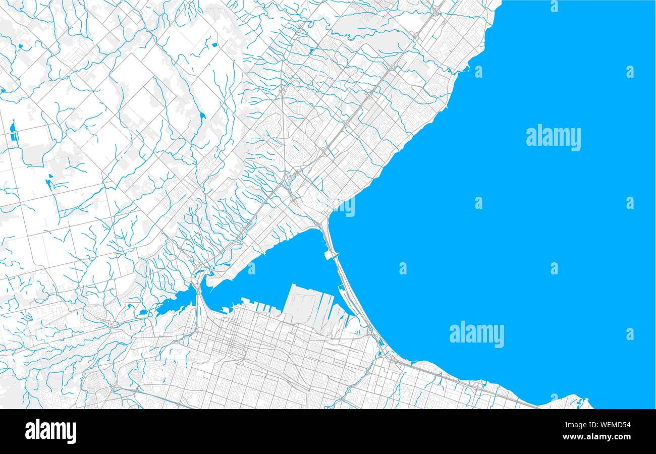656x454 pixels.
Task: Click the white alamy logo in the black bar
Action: click(50, 431)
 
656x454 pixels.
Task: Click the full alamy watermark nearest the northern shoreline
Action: click(553, 138)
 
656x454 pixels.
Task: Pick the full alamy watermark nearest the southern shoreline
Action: click(476, 334)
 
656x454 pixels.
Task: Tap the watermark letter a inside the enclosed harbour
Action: click(251, 268)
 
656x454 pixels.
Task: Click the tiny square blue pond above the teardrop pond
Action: click(214, 45)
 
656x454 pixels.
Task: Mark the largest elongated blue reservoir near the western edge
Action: click(13, 130)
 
